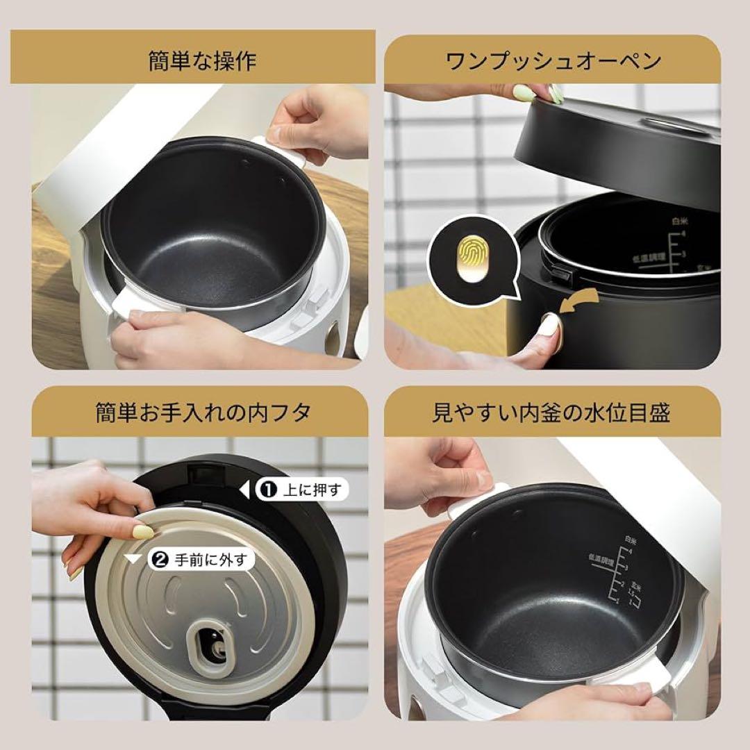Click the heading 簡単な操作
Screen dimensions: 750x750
coord(202,61)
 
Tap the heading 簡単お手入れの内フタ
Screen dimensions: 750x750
coord(202,413)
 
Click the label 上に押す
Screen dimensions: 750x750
coord(312,490)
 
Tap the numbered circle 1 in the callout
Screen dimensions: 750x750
coord(267,490)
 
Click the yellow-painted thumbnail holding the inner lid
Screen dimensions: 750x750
coord(144,533)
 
